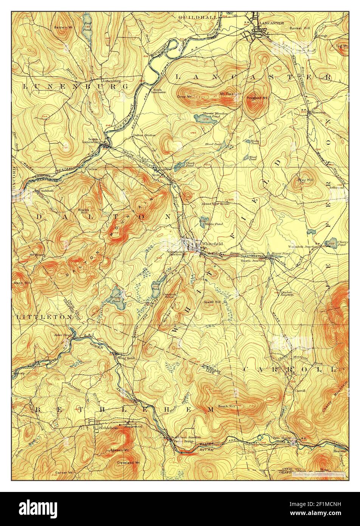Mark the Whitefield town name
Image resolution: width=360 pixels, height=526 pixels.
(x=211, y=243)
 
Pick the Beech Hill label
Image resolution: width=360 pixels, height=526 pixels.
(x=227, y=406)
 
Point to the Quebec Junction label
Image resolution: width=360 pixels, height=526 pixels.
(x=287, y=293)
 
